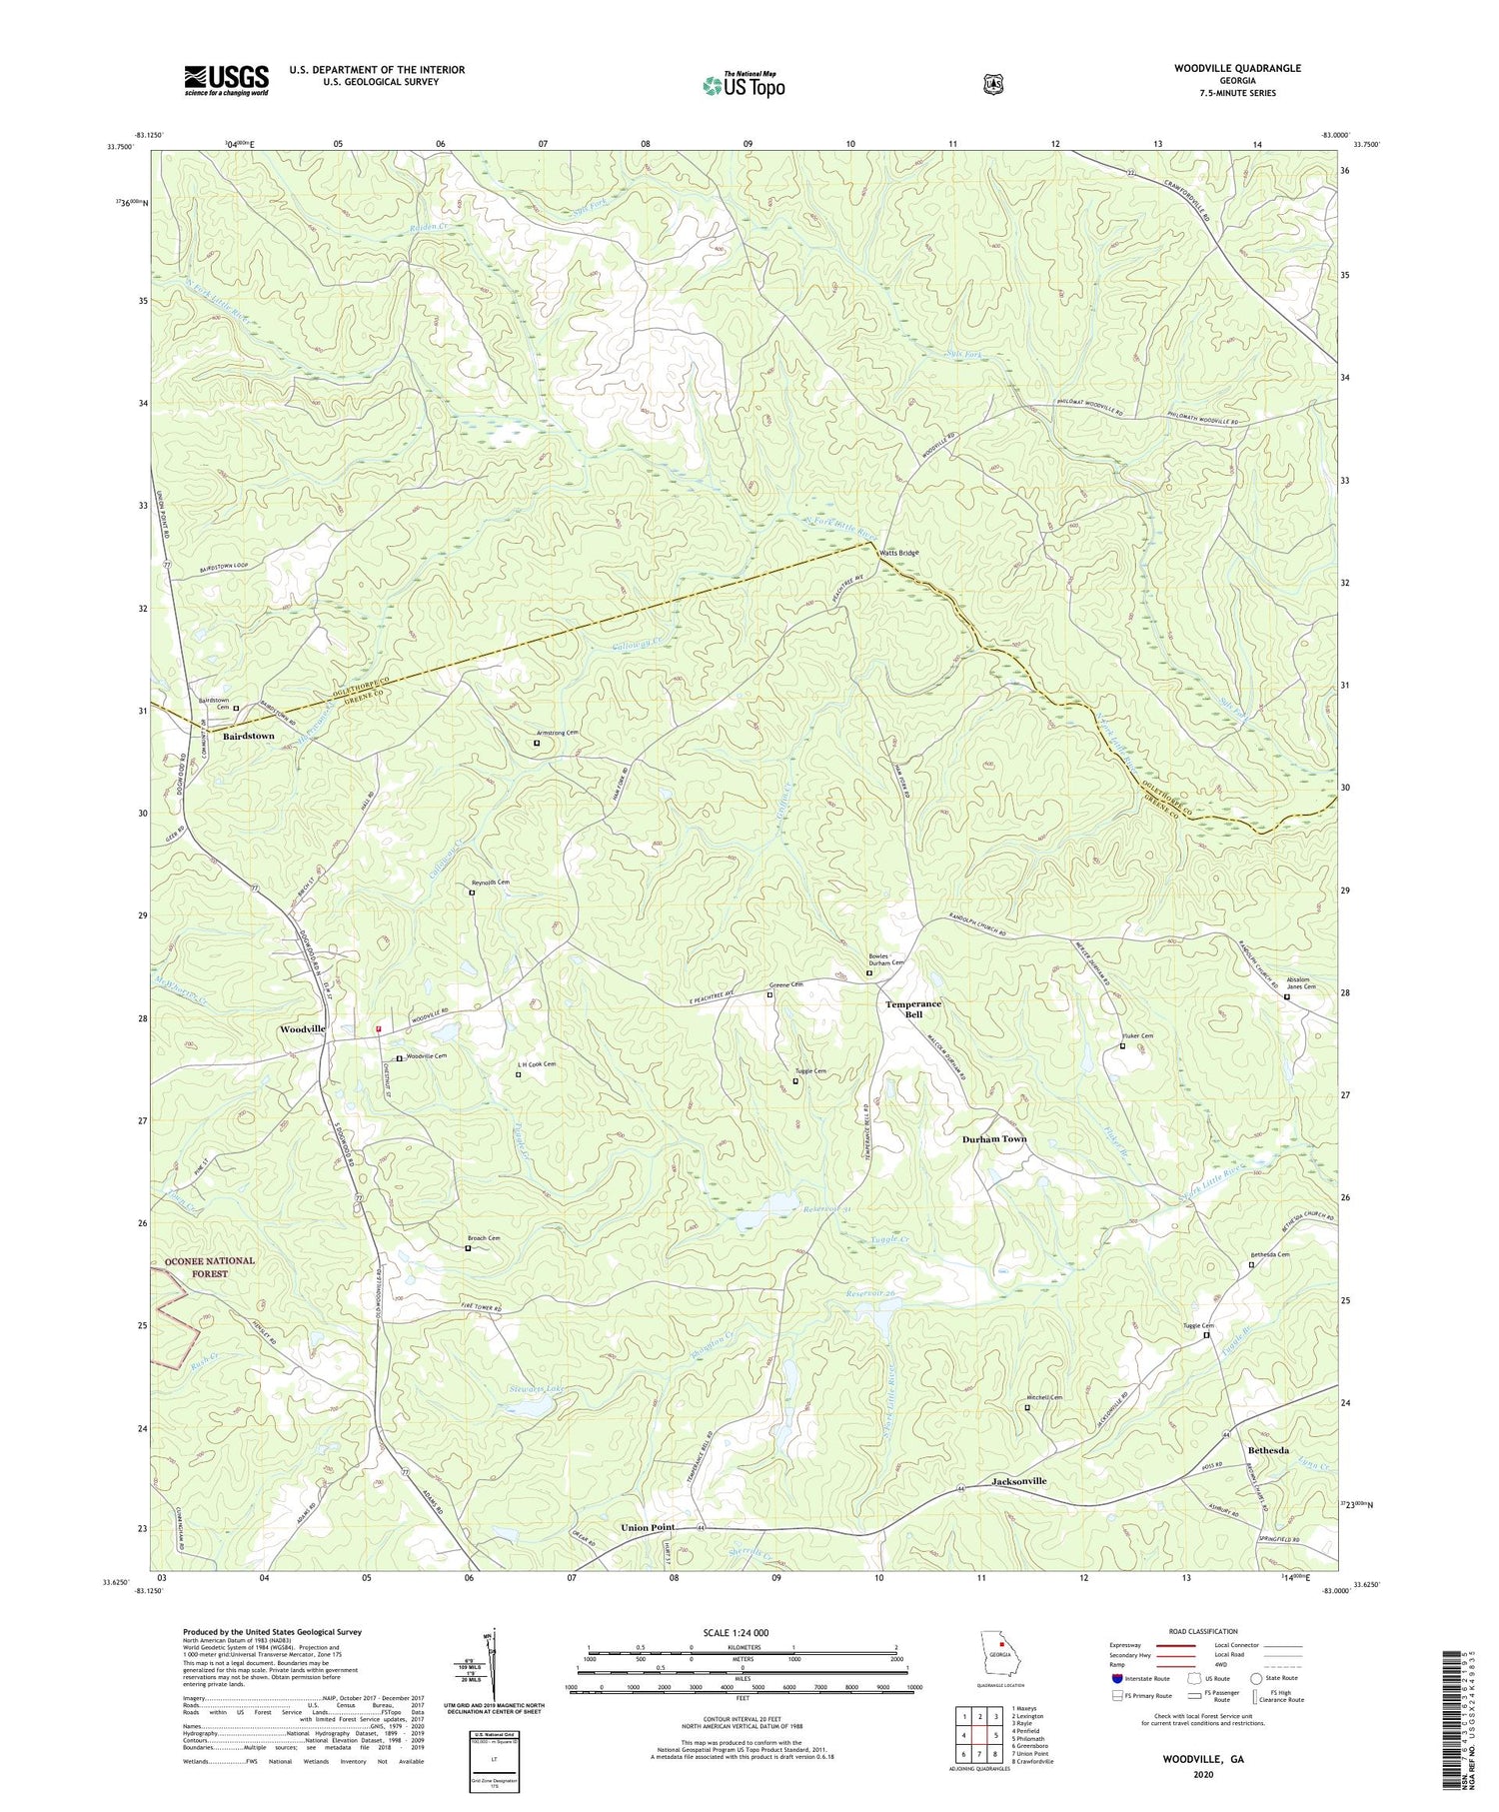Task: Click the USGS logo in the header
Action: [226, 79]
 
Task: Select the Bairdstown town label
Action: [248, 736]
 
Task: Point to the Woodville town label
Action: [303, 1029]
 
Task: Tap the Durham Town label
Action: [993, 1139]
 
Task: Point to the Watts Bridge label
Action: [898, 553]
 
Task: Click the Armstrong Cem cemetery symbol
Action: [537, 743]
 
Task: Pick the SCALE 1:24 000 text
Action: [742, 1633]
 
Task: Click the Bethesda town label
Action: [1267, 1450]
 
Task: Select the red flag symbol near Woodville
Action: [378, 1028]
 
